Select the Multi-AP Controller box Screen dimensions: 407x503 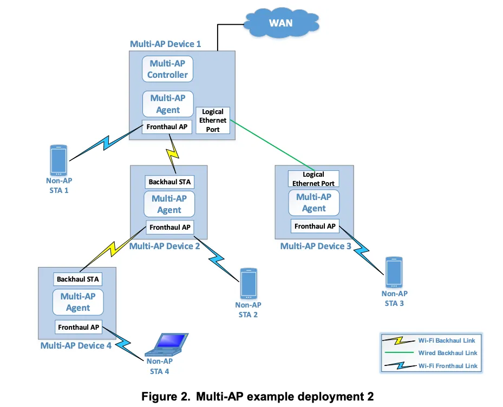pyautogui.click(x=168, y=69)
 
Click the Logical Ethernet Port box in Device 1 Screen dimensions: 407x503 pyautogui.click(x=213, y=121)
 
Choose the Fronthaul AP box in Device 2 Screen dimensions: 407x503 pyautogui.click(x=169, y=228)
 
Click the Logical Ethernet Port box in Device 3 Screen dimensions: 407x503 pyautogui.click(x=313, y=179)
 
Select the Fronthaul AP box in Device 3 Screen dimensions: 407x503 pyautogui.click(x=315, y=226)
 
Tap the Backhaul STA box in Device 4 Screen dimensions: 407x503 pyautogui.click(x=78, y=279)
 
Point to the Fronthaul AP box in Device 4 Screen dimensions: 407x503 pyautogui.click(x=79, y=327)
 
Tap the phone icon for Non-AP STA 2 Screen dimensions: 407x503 pyautogui.click(x=249, y=283)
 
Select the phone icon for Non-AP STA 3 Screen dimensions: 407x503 pyautogui.click(x=394, y=273)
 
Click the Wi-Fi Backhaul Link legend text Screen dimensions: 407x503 pyautogui.click(x=447, y=341)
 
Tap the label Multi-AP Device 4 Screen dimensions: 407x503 pyautogui.click(x=76, y=345)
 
